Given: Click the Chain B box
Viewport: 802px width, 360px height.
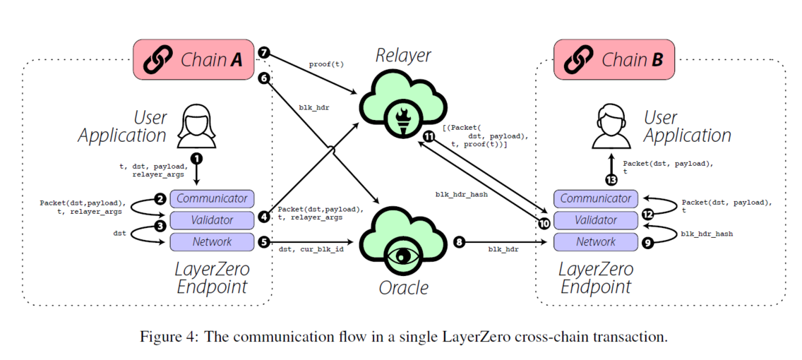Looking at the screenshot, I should [614, 60].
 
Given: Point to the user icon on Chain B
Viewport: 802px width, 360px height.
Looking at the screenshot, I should [612, 125].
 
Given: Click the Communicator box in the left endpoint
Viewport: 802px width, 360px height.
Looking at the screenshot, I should [212, 198].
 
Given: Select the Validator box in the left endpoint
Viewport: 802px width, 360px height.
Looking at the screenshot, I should [212, 220].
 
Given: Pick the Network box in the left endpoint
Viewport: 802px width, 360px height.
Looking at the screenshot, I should [212, 242].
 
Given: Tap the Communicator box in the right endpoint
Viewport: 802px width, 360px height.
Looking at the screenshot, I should [596, 198].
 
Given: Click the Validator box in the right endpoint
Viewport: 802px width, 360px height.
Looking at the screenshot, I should [596, 220].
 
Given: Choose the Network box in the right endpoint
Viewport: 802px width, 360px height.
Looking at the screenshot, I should [596, 242].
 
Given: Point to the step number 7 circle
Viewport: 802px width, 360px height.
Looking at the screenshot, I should [264, 53].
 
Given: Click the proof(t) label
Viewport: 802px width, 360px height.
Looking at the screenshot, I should [326, 64].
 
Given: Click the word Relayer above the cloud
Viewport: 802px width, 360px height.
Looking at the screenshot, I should [403, 55].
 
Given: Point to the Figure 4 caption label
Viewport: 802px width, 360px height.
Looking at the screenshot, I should [400, 337].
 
